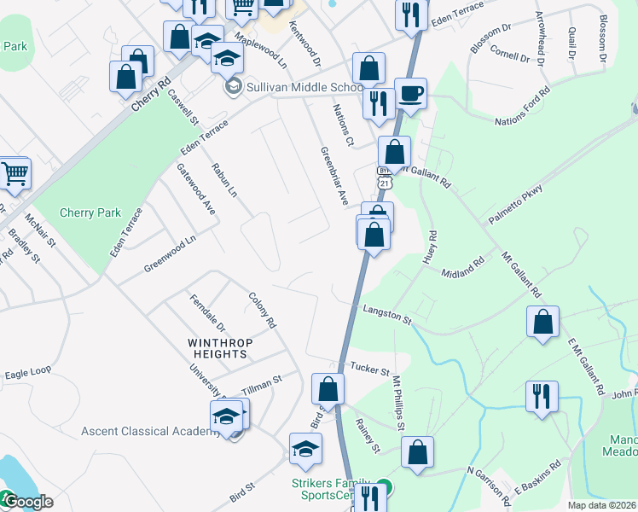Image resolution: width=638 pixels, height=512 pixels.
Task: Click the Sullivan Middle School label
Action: [305, 87]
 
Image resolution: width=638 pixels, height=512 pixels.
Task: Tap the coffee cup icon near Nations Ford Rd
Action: [411, 93]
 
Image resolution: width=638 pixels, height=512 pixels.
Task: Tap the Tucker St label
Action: [369, 369]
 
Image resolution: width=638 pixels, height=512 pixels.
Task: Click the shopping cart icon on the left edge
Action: [15, 173]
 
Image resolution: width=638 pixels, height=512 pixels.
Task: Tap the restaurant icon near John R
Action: [542, 396]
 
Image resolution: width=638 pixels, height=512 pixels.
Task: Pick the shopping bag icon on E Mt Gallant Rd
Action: [542, 322]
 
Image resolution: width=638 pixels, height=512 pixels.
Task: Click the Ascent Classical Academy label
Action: [151, 431]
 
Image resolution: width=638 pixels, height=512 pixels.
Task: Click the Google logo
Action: [28, 502]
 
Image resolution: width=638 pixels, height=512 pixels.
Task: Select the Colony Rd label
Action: [263, 311]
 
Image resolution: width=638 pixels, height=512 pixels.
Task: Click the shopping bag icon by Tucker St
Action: [328, 389]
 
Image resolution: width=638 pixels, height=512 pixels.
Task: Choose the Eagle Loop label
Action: [28, 373]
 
